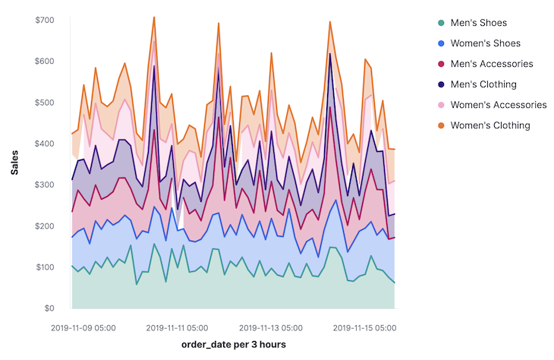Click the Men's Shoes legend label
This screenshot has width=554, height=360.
(478, 23)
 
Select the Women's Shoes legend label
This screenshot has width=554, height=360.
(483, 43)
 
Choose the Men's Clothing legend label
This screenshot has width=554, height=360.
(483, 84)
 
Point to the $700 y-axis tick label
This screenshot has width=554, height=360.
(44, 20)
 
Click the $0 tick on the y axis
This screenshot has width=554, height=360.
(48, 308)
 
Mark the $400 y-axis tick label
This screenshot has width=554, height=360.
(44, 144)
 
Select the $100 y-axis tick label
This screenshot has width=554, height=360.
(44, 267)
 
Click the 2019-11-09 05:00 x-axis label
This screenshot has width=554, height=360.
(83, 328)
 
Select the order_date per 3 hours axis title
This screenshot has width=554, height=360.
(234, 346)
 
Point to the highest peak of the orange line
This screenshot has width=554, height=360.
(154, 17)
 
